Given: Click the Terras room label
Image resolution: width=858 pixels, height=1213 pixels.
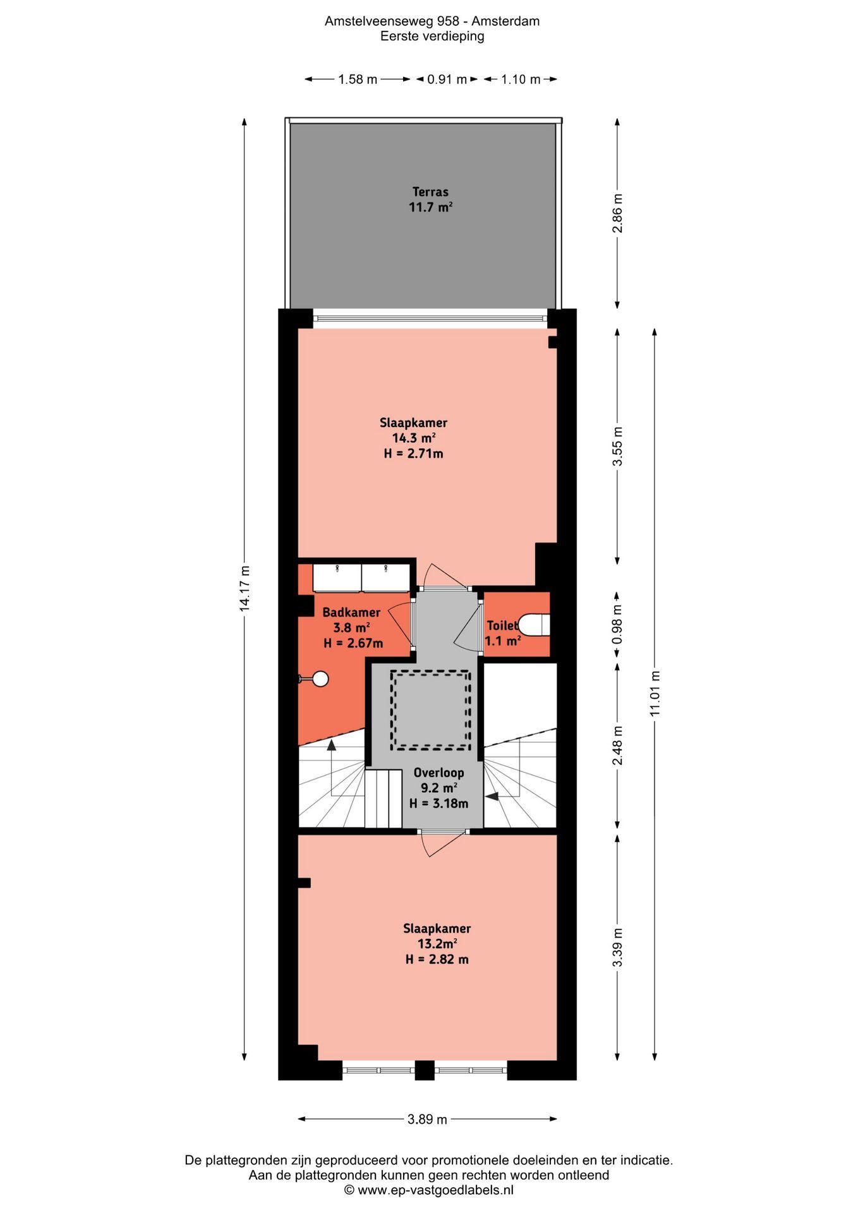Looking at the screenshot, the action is point(430,191).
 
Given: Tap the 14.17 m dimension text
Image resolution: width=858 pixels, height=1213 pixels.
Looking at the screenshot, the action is point(245,588).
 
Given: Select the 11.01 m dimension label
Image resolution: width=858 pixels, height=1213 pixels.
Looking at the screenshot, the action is point(655,693).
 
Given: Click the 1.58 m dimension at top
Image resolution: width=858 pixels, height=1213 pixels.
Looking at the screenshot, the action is point(358,79).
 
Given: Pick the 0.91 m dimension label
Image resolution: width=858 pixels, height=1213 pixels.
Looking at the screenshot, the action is point(447,79).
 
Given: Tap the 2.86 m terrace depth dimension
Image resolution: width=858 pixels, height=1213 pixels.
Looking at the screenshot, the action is point(618,214).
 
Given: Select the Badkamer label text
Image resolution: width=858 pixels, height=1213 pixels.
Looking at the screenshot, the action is point(351,612).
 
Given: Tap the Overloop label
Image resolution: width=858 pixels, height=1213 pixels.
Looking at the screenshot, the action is point(438,772).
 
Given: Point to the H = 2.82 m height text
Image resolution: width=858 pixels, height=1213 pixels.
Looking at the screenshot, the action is point(437,959).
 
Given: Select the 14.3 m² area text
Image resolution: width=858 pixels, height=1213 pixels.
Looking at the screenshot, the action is point(414,438).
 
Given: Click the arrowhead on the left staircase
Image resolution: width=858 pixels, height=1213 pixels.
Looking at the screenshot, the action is point(331,745).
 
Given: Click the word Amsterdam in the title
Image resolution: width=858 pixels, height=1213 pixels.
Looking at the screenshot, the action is point(505,21).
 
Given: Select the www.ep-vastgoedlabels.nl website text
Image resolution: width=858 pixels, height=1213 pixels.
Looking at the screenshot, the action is point(436,1190).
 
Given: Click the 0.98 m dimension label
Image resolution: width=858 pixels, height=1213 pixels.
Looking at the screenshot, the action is point(618,624).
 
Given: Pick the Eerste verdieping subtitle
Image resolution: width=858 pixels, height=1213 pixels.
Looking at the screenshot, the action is point(432,36).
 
